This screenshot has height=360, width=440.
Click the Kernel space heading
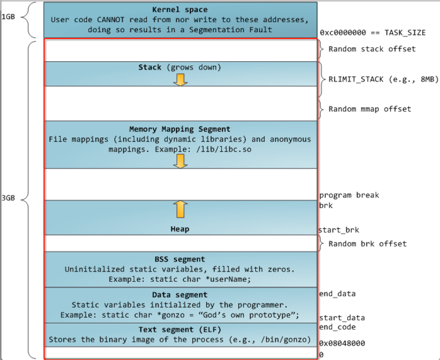coord(180,10)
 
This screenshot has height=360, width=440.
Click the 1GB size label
coord(8,16)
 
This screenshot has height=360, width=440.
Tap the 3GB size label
coord(8,199)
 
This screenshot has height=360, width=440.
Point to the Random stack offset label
coord(372,49)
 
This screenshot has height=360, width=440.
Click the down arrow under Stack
coord(181,79)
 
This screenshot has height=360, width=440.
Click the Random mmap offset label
coord(369,109)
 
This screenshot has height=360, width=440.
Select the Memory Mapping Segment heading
coord(180,129)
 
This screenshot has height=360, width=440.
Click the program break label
coord(349,195)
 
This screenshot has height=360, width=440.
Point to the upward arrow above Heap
coord(181,209)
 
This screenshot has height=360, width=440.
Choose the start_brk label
coord(339,230)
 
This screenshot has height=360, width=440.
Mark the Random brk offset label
coord(368,244)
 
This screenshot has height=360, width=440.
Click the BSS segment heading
coord(180,259)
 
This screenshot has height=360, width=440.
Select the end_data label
coord(337,294)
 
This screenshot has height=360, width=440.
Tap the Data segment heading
coord(180,294)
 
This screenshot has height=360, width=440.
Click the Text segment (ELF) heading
coord(180,330)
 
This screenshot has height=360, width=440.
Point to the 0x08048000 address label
coord(342,344)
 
